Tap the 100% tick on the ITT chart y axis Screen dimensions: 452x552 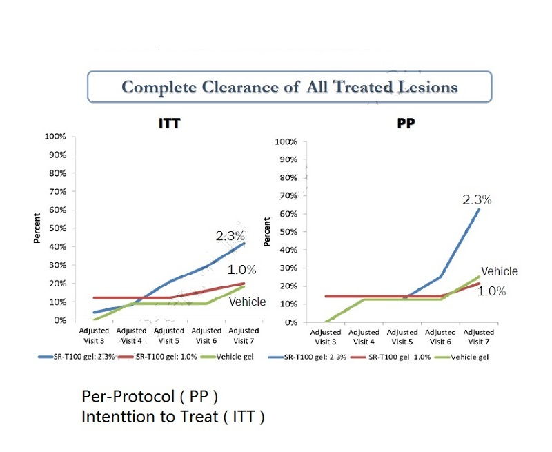pyautogui.click(x=55, y=136)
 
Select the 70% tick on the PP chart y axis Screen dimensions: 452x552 pyautogui.click(x=286, y=196)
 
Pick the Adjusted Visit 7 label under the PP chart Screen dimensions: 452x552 pyautogui.click(x=478, y=337)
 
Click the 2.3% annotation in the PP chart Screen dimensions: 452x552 pyautogui.click(x=477, y=199)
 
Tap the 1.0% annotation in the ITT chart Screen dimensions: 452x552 pyautogui.click(x=241, y=269)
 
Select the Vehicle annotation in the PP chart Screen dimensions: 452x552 pyautogui.click(x=499, y=271)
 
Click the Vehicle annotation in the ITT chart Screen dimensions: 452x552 pyautogui.click(x=248, y=302)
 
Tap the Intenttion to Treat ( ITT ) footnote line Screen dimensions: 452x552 pyautogui.click(x=172, y=417)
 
